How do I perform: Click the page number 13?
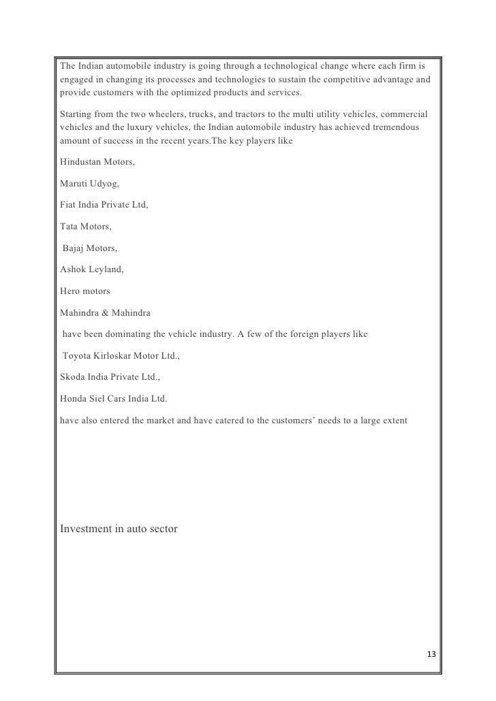429,654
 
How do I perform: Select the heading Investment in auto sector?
119,528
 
